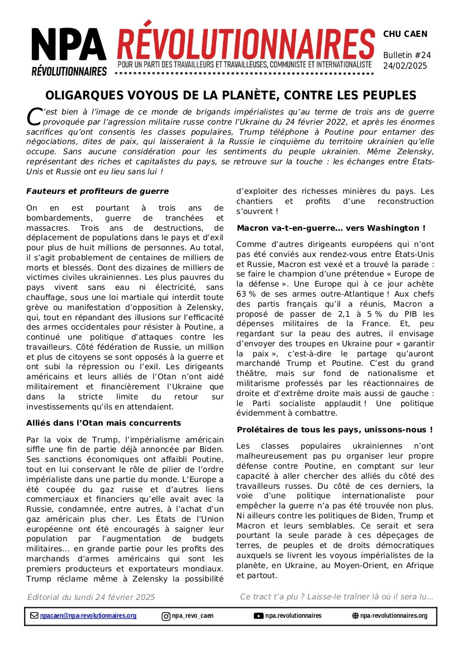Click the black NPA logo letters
coord(69,45)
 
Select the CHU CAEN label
coord(405,34)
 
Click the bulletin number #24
coord(422,55)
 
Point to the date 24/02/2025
coord(405,66)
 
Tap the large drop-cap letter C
coord(34,116)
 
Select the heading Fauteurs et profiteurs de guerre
coord(97,191)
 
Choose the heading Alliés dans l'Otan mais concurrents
coord(103,423)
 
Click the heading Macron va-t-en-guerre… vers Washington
coord(331,228)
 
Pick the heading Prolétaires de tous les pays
coord(335,430)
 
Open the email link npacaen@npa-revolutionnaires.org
coord(88,616)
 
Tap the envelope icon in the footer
coord(35,616)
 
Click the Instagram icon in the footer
coord(166,617)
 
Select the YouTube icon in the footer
coord(259,616)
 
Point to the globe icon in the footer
coord(355,616)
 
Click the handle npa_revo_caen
coord(193,616)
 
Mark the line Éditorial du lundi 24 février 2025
coord(91,597)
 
